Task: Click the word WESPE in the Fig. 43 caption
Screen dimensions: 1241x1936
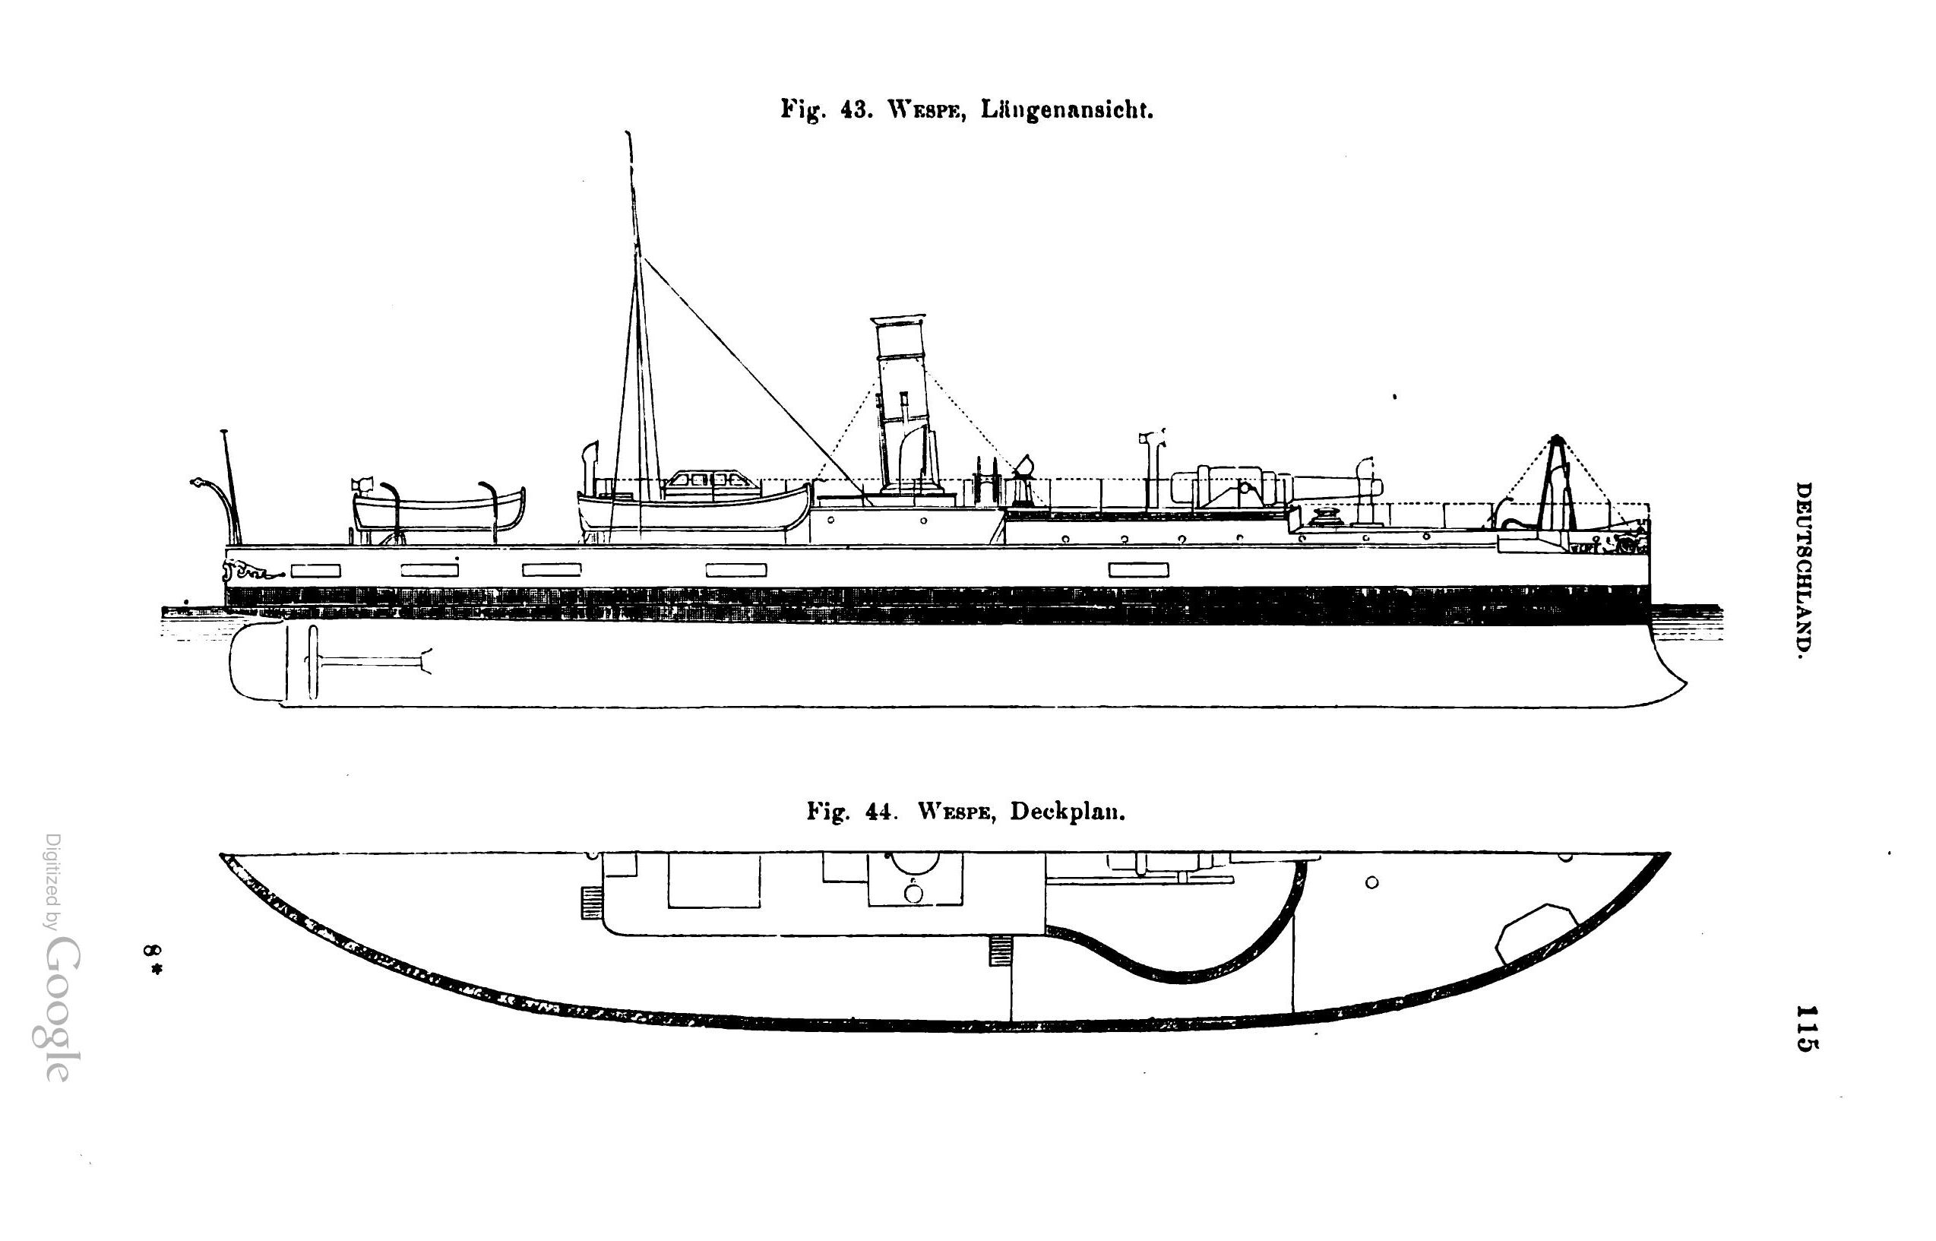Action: pyautogui.click(x=925, y=110)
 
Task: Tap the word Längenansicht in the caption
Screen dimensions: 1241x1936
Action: pyautogui.click(x=1067, y=110)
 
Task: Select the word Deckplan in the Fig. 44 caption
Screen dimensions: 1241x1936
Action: pyautogui.click(x=1067, y=812)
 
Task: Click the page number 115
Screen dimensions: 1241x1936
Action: pyautogui.click(x=1804, y=1027)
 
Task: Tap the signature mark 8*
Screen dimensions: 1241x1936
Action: pyautogui.click(x=151, y=960)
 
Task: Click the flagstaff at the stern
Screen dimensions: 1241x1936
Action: pyautogui.click(x=230, y=483)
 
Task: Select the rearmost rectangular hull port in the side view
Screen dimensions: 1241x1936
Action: pyautogui.click(x=315, y=571)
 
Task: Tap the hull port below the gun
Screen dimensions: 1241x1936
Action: pyautogui.click(x=1138, y=571)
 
